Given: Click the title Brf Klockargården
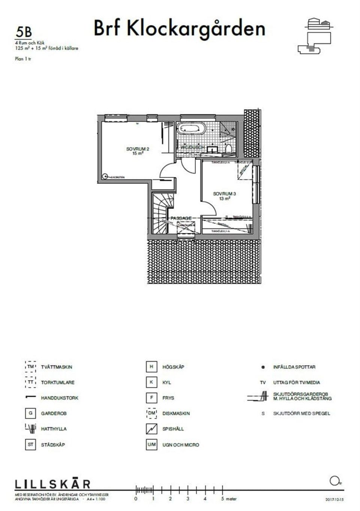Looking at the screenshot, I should coord(179,29).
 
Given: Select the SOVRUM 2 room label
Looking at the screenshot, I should coord(138,151).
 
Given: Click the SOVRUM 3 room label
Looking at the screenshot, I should coord(224,196).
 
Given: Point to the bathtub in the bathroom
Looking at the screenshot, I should coord(191,128).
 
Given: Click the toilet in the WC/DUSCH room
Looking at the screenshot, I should coord(229,150).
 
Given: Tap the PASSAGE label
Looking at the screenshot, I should coord(181,218).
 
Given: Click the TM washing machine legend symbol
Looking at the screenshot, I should coord(30,367).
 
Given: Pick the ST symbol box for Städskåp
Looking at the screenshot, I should coord(30,445).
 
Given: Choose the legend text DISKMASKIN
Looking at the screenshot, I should coord(176,413).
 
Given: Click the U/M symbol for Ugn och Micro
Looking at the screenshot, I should coord(151,445).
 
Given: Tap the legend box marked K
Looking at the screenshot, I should coord(151,382).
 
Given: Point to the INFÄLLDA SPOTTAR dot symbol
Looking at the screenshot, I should coord(263,367).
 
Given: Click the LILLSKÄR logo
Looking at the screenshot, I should coord(52,484).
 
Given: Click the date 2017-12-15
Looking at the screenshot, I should coord(334,500).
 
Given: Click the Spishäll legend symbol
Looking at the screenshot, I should coord(151,429).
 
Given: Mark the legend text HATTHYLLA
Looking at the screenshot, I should coord(54,429).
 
